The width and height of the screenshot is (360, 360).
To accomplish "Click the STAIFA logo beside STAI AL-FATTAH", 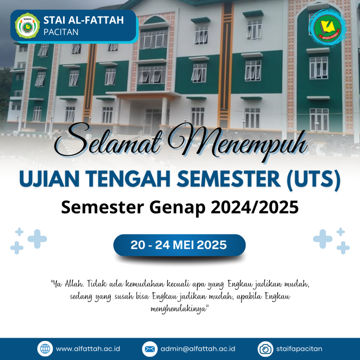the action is (x=27, y=25).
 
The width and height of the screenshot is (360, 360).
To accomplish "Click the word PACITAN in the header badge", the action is (x=61, y=32).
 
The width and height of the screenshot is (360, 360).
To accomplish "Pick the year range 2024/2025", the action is (x=255, y=207).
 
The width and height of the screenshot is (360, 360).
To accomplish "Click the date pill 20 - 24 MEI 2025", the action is (x=180, y=245).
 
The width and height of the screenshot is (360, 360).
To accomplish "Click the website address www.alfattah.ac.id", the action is (x=88, y=349).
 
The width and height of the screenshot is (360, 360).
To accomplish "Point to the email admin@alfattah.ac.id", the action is (x=198, y=349).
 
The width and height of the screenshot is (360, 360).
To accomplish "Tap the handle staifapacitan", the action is (x=299, y=349).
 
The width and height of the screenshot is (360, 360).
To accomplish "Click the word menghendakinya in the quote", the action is (x=180, y=309).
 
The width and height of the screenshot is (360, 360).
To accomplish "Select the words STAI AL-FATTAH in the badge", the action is (x=84, y=20).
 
